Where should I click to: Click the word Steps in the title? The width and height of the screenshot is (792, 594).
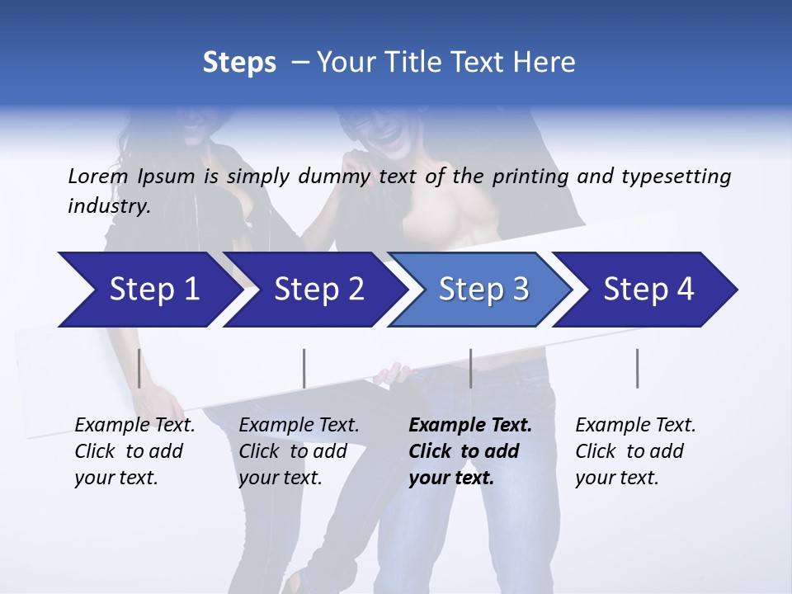[x=239, y=63]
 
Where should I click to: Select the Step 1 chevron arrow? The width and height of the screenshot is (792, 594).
[x=148, y=290]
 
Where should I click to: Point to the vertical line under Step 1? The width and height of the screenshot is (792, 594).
[x=139, y=368]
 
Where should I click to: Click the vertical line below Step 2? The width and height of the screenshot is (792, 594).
[x=304, y=368]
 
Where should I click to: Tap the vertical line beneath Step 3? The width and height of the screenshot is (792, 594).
[x=471, y=368]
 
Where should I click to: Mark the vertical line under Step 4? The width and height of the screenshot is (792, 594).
[x=638, y=368]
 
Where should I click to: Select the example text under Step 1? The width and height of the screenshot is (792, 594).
[x=134, y=451]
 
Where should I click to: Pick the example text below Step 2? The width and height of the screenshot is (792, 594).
[x=299, y=451]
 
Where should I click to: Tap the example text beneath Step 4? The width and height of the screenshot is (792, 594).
[x=635, y=451]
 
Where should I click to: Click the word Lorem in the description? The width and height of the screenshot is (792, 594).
[x=98, y=177]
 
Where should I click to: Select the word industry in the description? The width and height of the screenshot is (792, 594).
[x=107, y=206]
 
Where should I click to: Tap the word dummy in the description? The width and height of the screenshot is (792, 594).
[x=335, y=177]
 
